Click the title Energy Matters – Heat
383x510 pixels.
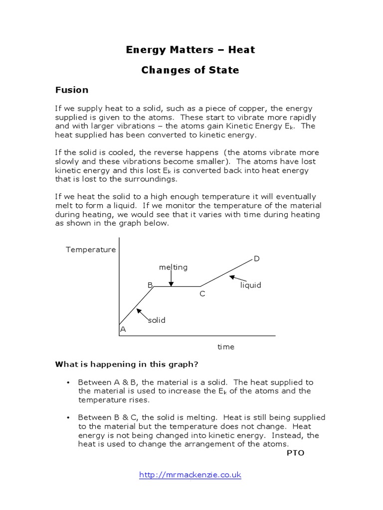(190, 50)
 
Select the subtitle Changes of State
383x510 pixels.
(190, 70)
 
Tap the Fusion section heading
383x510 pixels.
(71, 90)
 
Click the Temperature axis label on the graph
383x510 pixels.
(91, 250)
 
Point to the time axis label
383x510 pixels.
(225, 347)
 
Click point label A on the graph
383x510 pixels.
(123, 329)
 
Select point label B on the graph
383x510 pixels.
(150, 285)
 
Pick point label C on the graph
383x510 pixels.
(202, 294)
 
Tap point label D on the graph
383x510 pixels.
(256, 258)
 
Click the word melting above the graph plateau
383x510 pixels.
(173, 267)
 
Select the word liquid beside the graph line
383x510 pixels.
(250, 285)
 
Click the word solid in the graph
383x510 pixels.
(156, 320)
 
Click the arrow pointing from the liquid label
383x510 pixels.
(238, 279)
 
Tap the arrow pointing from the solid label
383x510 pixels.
(143, 314)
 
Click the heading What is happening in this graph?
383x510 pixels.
(126, 365)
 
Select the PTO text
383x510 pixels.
(295, 453)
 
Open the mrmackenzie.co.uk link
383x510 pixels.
(190, 475)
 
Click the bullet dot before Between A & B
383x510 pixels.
(67, 382)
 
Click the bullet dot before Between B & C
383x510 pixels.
(67, 417)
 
